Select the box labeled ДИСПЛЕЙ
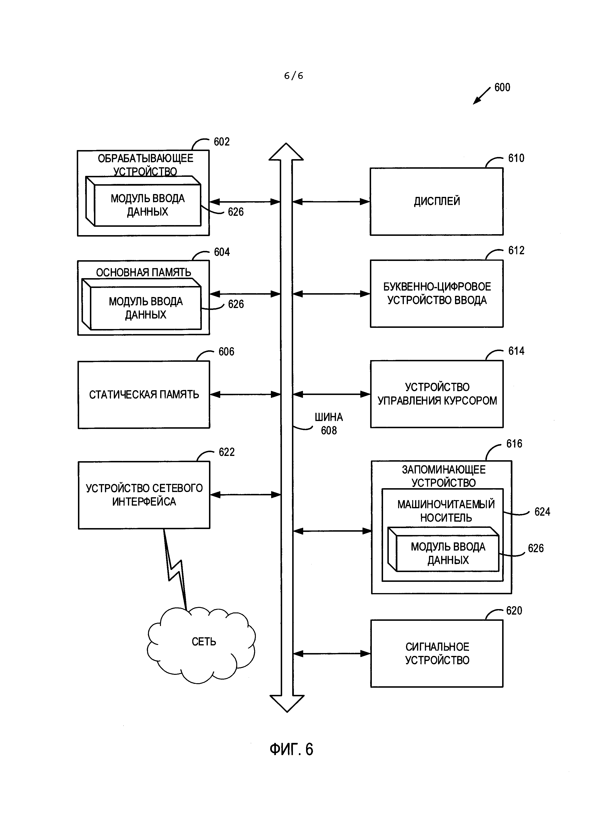(436, 201)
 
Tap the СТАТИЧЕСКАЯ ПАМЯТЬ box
(144, 395)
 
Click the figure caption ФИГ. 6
(291, 749)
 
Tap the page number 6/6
(294, 76)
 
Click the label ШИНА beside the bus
(329, 417)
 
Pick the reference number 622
(226, 452)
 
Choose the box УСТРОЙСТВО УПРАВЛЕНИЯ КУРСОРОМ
(437, 394)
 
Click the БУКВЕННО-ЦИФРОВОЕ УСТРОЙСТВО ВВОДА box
(437, 293)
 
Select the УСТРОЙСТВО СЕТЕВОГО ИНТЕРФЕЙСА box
(144, 495)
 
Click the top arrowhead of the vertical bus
(286, 152)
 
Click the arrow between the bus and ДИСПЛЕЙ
(331, 201)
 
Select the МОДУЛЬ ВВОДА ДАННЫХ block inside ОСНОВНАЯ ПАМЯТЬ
(145, 308)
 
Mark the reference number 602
(222, 142)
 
